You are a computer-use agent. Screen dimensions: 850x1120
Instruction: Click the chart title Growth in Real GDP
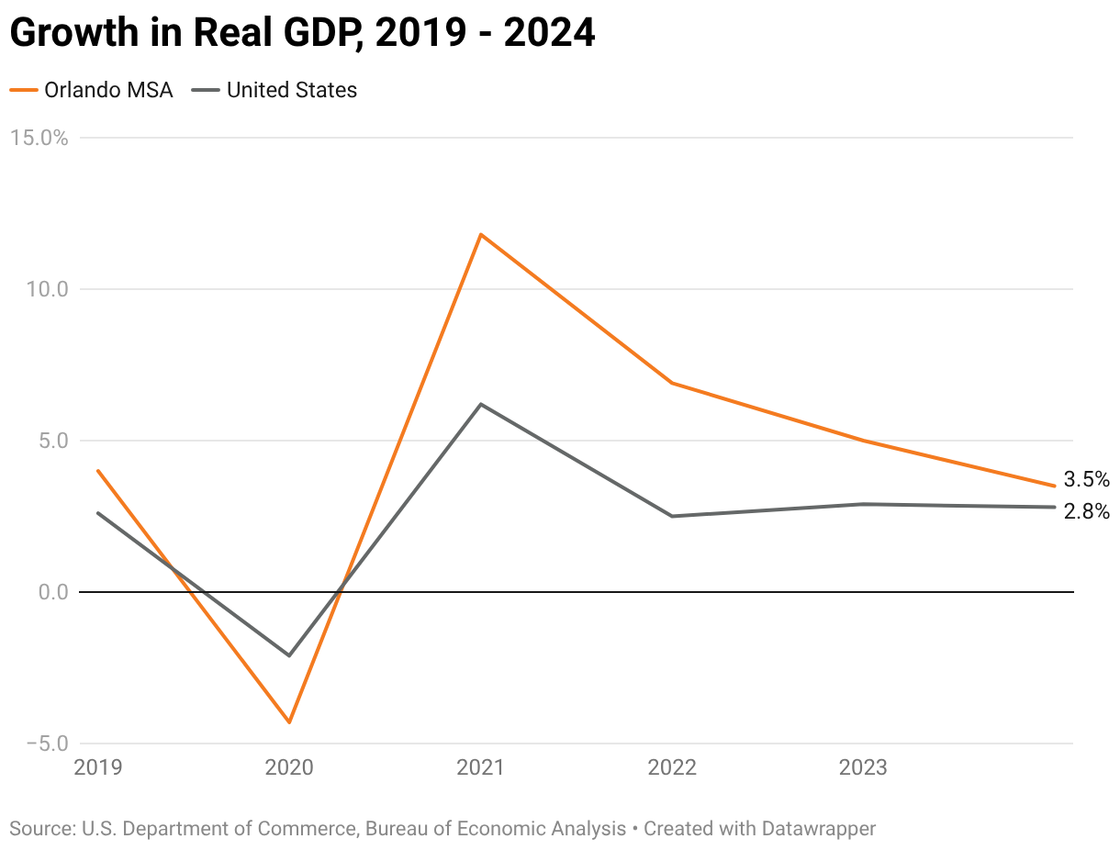click(302, 34)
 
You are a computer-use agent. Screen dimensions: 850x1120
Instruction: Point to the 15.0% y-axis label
click(39, 138)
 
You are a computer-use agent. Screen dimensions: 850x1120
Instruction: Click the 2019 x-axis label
click(97, 767)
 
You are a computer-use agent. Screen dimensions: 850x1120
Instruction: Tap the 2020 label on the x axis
click(289, 767)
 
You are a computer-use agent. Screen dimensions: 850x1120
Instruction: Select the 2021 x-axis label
click(480, 767)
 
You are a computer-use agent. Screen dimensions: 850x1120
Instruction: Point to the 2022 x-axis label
click(672, 767)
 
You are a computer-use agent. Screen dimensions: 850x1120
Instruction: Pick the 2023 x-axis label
click(863, 767)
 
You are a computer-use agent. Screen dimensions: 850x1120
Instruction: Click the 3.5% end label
click(1087, 479)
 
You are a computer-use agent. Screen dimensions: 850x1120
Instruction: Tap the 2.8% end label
click(1087, 511)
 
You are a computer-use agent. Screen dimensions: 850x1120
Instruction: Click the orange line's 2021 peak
click(480, 234)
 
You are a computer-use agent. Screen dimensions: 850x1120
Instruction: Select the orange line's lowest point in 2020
click(289, 722)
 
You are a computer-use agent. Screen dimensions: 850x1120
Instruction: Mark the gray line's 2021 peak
click(480, 404)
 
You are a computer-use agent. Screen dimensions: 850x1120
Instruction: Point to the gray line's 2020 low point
click(289, 655)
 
